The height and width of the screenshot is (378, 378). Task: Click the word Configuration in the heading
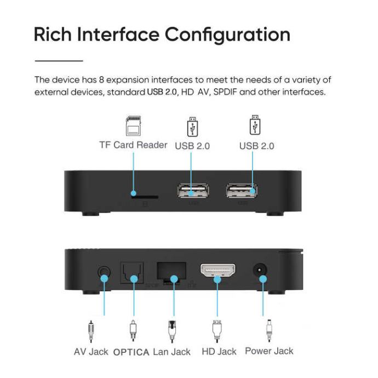coord(227,34)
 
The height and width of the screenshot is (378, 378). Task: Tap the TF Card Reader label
coord(133,145)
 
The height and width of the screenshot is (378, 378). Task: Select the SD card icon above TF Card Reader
coord(133,125)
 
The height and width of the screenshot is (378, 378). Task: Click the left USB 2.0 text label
coord(192,146)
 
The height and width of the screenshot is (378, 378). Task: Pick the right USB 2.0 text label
coord(256,146)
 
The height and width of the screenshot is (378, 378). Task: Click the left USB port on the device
coord(193,192)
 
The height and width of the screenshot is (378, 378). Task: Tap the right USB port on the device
coord(242,192)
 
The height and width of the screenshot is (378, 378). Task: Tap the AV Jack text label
coord(91,352)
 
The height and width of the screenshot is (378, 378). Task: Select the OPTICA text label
coord(131,352)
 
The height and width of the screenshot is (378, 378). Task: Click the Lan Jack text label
coord(172,352)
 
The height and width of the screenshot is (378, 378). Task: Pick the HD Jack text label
coord(219,352)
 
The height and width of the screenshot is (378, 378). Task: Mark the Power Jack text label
coord(269,351)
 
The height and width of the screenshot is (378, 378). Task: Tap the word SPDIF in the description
coord(222,92)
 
